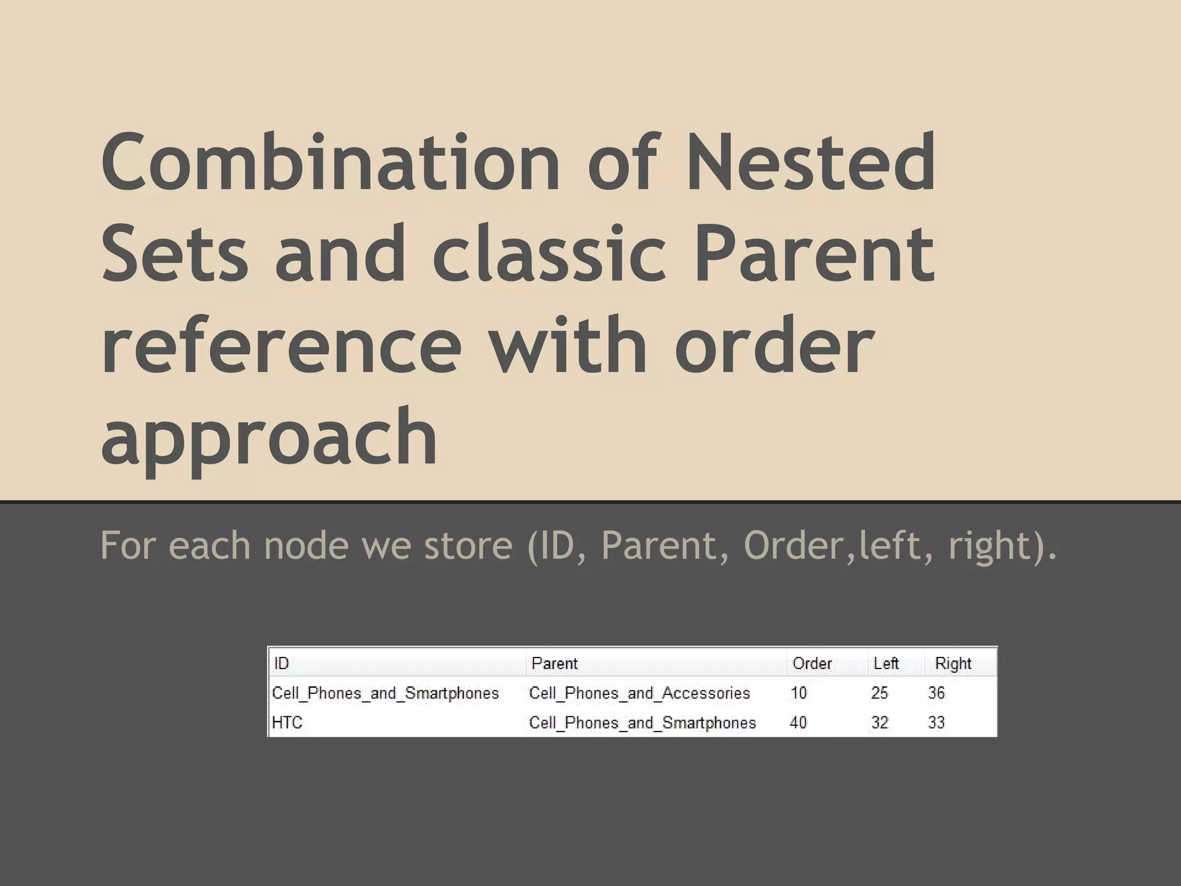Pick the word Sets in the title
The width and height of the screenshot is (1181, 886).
tap(174, 254)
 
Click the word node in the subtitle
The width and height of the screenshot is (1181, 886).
tap(306, 545)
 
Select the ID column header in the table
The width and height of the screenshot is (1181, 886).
tap(281, 663)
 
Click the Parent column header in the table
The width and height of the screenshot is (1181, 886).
tap(554, 663)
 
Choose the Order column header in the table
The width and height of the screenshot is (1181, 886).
tap(812, 663)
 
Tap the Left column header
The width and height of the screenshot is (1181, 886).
tap(886, 663)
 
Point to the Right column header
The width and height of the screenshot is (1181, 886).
tap(953, 663)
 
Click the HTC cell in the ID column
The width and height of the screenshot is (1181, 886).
tap(287, 723)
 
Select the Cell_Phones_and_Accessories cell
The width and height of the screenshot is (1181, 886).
tap(640, 693)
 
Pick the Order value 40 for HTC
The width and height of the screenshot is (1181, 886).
tap(798, 723)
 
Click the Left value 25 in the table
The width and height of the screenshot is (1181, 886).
tap(879, 693)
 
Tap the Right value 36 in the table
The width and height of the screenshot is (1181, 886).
tap(936, 693)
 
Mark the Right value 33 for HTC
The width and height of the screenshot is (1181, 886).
tap(936, 723)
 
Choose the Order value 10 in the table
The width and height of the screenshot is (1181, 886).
tap(798, 693)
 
